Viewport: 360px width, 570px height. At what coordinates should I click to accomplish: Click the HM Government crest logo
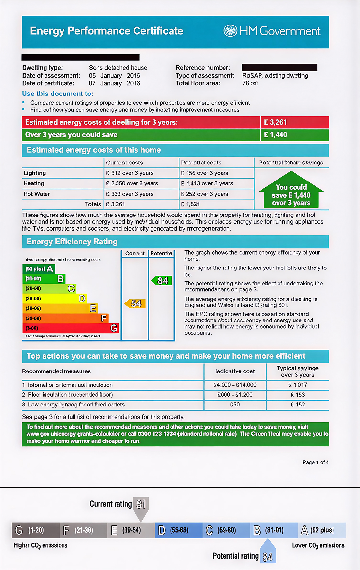tap(230, 31)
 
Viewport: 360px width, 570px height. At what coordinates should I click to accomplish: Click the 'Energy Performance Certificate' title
tap(107, 31)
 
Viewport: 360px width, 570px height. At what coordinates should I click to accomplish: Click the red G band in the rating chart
tap(71, 328)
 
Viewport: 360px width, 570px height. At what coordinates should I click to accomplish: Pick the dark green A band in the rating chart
tap(39, 269)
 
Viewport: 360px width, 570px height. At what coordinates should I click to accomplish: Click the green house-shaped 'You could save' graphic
tap(291, 193)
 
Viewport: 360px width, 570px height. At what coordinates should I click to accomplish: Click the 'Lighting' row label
tap(35, 173)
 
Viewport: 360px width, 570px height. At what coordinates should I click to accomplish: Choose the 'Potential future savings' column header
tap(291, 163)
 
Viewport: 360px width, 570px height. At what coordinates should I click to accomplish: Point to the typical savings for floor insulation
tap(297, 395)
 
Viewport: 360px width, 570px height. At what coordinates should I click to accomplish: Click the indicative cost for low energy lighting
tap(235, 405)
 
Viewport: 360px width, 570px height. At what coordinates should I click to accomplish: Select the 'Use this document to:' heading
tap(58, 94)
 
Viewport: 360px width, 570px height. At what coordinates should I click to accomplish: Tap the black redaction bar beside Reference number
tap(279, 67)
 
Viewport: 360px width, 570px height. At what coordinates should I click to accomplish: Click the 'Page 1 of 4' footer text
tap(315, 462)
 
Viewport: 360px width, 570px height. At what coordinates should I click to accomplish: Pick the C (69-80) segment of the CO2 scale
tap(226, 530)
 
